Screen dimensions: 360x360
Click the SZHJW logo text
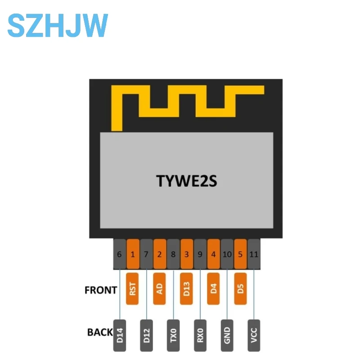[x=58, y=25]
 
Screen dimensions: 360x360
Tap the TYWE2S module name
[x=186, y=180]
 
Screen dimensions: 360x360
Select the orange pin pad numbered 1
[x=133, y=254]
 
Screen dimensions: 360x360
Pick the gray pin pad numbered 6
[x=119, y=254]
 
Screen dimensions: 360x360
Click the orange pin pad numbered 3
[x=187, y=254]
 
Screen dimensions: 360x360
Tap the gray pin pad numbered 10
[x=227, y=254]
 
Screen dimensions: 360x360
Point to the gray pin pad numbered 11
[x=254, y=254]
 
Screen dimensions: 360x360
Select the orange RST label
[x=133, y=288]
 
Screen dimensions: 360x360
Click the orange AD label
[x=160, y=288]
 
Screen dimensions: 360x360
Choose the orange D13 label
[x=187, y=288]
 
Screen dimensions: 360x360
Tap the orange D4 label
[x=214, y=288]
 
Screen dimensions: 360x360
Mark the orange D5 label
[x=241, y=288]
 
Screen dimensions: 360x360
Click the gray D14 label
[x=120, y=336]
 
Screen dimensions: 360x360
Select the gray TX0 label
[x=174, y=336]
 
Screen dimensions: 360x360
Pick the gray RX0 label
[x=200, y=336]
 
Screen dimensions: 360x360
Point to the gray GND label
[x=227, y=336]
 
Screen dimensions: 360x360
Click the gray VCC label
[x=254, y=336]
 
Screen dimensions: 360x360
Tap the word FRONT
[x=101, y=290]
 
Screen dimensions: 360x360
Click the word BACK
[x=100, y=332]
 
